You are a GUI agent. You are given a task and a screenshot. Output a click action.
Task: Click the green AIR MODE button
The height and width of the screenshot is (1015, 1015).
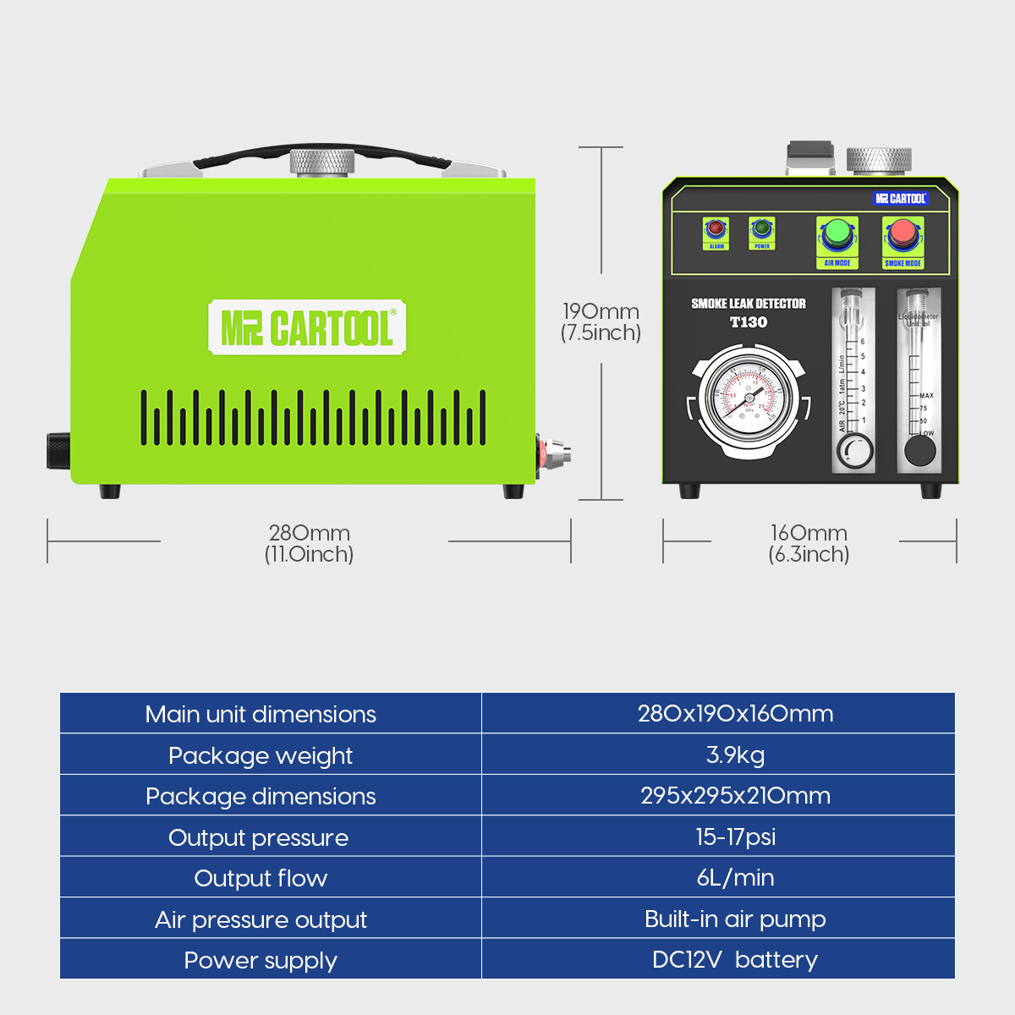[837, 234]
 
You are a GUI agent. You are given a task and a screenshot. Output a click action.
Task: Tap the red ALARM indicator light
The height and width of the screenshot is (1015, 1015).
[716, 228]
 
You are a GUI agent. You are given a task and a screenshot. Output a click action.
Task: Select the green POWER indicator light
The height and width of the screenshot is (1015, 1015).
[762, 228]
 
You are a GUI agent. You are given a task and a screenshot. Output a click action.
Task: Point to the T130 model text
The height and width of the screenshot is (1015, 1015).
[749, 322]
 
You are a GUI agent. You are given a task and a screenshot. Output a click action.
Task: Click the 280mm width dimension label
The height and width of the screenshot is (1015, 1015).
[310, 543]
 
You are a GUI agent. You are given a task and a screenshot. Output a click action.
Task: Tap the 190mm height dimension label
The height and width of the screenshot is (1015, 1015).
[601, 322]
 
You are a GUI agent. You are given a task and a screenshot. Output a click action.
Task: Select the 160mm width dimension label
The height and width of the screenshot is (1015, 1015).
[809, 543]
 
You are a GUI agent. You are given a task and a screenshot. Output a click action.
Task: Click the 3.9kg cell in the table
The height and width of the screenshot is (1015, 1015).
[735, 754]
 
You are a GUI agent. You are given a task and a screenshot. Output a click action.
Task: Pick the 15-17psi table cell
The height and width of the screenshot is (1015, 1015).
[735, 837]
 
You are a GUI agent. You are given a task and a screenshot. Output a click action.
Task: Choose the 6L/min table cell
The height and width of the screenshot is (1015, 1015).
[735, 878]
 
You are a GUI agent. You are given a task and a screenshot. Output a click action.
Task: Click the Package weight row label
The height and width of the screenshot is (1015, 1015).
[261, 755]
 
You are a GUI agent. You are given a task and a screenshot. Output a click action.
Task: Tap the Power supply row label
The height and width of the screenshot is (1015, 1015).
[261, 961]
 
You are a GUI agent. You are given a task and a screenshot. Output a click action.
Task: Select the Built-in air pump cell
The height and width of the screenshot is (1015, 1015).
[735, 919]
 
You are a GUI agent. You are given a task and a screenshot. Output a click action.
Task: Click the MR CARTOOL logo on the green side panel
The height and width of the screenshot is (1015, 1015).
[307, 327]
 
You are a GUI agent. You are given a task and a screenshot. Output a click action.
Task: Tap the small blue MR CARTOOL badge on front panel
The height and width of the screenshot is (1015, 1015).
[901, 199]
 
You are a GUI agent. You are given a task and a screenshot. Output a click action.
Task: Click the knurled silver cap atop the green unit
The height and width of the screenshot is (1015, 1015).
[321, 161]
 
